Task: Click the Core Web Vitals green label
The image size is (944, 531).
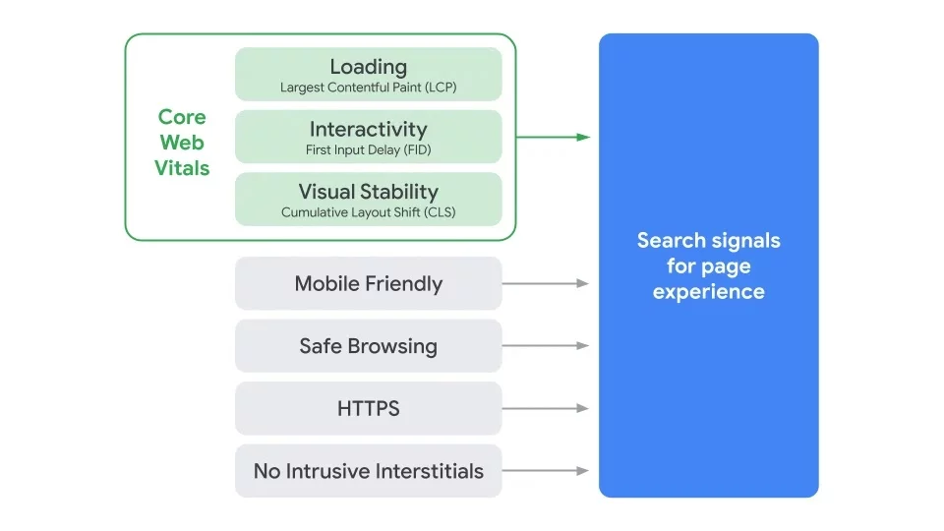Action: pos(182,143)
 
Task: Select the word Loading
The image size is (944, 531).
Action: pos(368,67)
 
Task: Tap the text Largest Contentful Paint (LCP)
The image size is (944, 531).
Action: pos(368,88)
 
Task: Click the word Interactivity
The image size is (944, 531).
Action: pos(368,129)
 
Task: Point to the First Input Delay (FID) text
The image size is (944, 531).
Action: pos(368,150)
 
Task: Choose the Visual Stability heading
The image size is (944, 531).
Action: pos(368,192)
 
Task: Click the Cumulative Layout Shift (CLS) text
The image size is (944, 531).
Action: pos(368,212)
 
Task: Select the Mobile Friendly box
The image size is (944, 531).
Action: pos(368,283)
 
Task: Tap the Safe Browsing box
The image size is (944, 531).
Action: pos(368,346)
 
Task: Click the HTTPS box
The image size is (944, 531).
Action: pos(368,408)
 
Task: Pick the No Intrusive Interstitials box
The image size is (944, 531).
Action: pos(368,471)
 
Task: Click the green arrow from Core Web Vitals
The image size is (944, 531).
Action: pos(553,137)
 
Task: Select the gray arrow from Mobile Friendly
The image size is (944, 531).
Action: pos(546,283)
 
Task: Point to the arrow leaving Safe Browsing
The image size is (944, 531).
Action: pos(546,346)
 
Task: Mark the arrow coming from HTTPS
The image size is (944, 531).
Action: pos(546,408)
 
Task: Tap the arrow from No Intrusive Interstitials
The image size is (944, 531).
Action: pos(546,471)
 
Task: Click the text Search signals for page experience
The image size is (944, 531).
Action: pos(708,265)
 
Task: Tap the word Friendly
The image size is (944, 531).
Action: pos(403,283)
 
